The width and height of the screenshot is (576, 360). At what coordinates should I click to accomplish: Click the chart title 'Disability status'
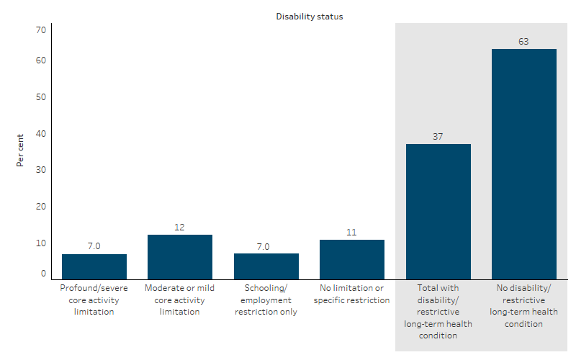310,17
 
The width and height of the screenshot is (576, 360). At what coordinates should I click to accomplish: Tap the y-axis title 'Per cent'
20,150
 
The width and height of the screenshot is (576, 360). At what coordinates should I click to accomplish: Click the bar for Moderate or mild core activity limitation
180,257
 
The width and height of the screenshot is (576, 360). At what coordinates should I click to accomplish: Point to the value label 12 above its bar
180,228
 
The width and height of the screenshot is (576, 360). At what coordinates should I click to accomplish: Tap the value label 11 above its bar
352,233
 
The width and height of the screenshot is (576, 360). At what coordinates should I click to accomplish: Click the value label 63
524,42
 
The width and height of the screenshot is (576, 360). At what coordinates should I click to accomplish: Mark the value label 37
438,137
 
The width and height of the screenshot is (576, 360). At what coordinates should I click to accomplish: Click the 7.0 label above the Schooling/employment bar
266,246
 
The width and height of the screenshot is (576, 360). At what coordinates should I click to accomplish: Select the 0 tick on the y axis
42,274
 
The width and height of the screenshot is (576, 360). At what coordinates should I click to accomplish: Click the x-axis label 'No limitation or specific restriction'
352,294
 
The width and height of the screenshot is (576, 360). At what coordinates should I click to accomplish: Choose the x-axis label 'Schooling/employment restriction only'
266,300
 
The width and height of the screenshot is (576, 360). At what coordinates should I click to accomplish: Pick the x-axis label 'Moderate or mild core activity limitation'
180,300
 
